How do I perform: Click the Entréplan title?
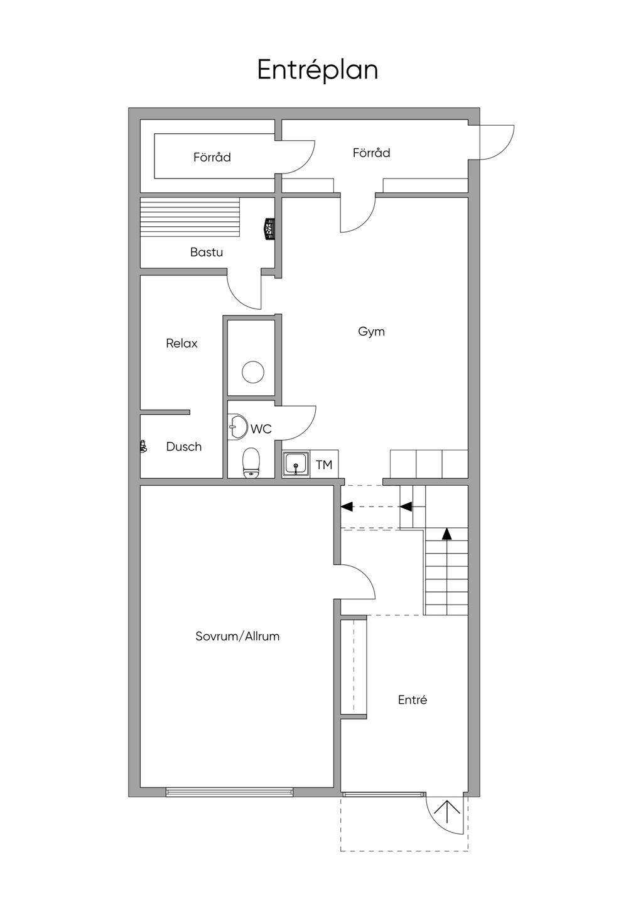pos(318,70)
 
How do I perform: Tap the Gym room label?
pos(371,332)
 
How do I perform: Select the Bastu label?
pos(206,252)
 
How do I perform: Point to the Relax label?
pos(181,344)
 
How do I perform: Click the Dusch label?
pos(184,447)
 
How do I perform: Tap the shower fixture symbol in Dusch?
pos(143,446)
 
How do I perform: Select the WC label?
pos(261,429)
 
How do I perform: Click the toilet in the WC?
pos(251,463)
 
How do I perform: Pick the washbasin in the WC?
pos(237,427)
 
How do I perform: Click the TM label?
pos(324,465)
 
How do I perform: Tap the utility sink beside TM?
pos(296,464)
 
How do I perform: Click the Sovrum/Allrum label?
pos(237,636)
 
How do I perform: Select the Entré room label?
pos(413,700)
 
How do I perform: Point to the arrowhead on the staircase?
pos(446,534)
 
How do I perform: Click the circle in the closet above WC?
pos(253,371)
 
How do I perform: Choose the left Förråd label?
pos(212,157)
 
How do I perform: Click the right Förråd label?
pos(372,153)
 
